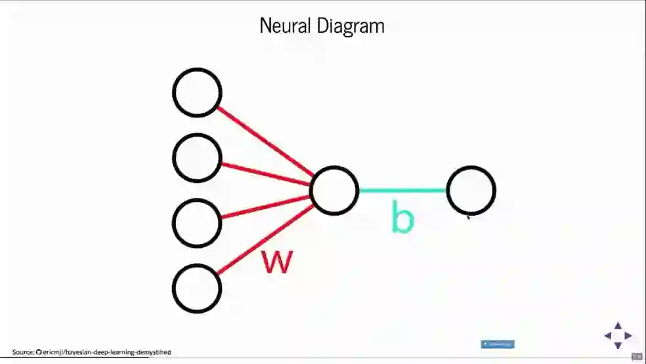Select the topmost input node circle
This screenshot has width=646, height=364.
[197, 92]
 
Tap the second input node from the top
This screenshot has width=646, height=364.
[197, 157]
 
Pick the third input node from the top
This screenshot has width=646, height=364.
[197, 222]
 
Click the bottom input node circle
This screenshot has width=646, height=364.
[197, 288]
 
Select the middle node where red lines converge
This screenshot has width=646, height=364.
[334, 190]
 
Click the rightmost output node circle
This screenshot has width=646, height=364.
[471, 190]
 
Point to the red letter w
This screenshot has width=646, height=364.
[276, 261]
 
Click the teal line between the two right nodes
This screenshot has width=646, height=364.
[402, 190]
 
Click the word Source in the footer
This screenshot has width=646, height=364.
[23, 352]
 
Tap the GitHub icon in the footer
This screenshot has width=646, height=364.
[39, 352]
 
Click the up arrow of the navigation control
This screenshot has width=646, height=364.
[618, 325]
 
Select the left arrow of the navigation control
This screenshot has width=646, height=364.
[607, 336]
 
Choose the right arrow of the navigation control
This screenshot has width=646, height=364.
[628, 336]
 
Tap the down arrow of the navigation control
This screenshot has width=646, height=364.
[618, 346]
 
